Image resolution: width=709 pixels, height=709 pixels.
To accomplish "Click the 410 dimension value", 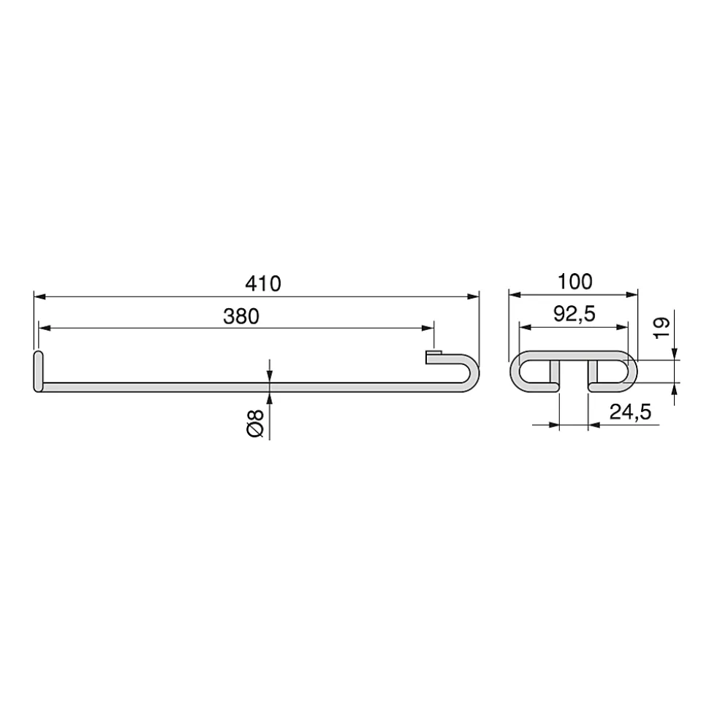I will pos(263,283).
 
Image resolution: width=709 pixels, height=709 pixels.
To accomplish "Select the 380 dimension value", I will pos(241,316).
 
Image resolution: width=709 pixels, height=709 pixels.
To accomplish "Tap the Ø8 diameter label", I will pos(254,424).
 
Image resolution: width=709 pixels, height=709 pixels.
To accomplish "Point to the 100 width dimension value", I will pos(575,281).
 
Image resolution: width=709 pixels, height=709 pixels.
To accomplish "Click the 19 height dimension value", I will pos(661,327).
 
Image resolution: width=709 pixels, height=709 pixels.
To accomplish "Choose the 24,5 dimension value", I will pos(630,412).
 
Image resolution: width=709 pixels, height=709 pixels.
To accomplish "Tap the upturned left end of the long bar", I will pos(38,371).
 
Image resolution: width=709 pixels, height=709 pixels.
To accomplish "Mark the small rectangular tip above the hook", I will pos(433,356).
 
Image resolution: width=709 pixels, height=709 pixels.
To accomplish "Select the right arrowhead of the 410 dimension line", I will pos(473,296).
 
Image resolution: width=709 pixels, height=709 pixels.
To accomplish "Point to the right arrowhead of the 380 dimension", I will pos(428,329).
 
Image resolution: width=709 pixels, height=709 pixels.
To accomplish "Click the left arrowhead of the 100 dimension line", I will pos(514,294).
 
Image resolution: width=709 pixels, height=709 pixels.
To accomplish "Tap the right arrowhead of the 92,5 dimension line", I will pos(623,326).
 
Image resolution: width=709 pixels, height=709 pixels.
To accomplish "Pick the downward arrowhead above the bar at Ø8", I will pos(270,376).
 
